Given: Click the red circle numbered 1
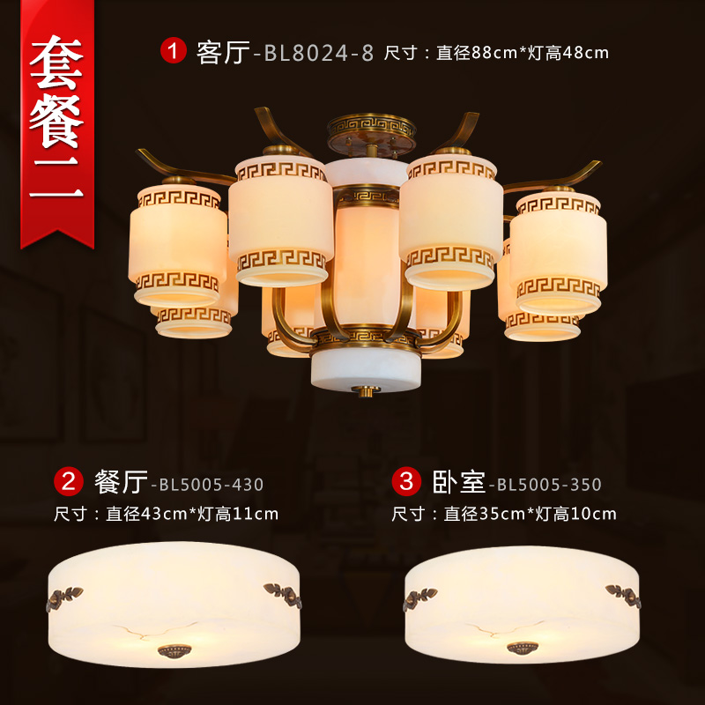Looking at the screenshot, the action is pyautogui.click(x=174, y=50).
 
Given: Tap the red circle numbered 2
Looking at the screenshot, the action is pyautogui.click(x=69, y=481).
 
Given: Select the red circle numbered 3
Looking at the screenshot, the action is pyautogui.click(x=406, y=481).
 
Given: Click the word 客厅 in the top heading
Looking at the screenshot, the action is pyautogui.click(x=223, y=52).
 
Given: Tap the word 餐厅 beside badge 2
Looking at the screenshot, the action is pyautogui.click(x=121, y=482).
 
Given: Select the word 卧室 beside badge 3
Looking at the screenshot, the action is pyautogui.click(x=459, y=482).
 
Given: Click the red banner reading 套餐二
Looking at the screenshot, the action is pyautogui.click(x=57, y=122).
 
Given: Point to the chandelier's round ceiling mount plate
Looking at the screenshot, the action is pyautogui.click(x=371, y=135).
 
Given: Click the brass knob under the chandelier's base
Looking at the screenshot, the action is pyautogui.click(x=366, y=390).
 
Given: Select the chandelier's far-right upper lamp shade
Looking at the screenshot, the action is pyautogui.click(x=559, y=252).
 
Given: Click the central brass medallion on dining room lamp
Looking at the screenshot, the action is pyautogui.click(x=174, y=650).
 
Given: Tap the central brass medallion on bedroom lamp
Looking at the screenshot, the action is pyautogui.click(x=523, y=648).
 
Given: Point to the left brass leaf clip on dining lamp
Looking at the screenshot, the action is pyautogui.click(x=63, y=597).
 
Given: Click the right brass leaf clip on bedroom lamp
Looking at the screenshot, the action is pyautogui.click(x=623, y=596).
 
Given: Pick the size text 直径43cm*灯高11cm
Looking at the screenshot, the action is pyautogui.click(x=192, y=514).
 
